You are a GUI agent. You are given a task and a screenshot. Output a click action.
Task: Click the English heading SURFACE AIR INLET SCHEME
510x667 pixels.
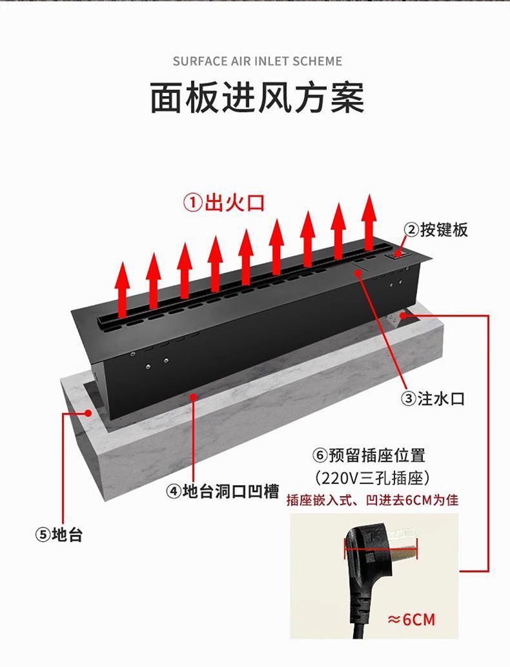click(x=257, y=61)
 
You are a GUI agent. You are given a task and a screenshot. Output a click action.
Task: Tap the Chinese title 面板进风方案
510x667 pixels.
click(x=258, y=98)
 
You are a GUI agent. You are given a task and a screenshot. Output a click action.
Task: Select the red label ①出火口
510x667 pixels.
click(x=225, y=203)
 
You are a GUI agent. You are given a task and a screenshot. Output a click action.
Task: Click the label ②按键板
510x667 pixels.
click(x=436, y=230)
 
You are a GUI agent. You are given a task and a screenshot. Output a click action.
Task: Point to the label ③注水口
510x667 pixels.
click(x=433, y=399)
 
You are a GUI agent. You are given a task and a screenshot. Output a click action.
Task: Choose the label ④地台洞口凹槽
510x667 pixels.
click(x=222, y=492)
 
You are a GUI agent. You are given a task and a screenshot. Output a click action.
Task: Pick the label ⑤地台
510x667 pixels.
click(x=59, y=534)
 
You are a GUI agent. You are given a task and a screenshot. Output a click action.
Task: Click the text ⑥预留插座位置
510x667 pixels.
click(x=369, y=455)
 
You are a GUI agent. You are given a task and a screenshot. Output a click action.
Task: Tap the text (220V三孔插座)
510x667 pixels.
click(x=372, y=479)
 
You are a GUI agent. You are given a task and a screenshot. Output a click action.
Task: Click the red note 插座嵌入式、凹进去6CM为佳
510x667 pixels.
click(x=372, y=500)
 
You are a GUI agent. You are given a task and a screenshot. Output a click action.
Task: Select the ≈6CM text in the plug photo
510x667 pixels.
click(x=411, y=619)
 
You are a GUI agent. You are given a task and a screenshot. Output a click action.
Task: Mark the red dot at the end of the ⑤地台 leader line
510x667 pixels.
click(x=88, y=413)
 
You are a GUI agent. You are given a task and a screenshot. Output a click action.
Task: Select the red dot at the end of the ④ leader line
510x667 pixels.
click(x=194, y=397)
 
